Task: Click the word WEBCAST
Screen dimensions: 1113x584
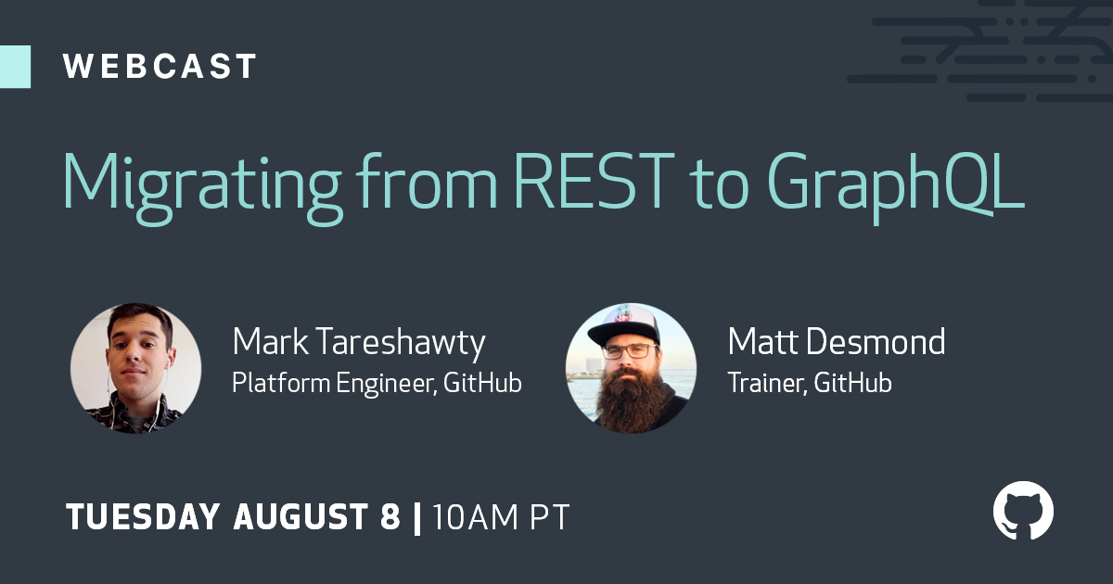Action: point(160,67)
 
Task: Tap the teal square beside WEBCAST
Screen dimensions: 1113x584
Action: point(16,67)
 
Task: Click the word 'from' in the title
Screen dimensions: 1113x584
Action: point(427,181)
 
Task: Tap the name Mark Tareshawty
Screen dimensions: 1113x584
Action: point(359,343)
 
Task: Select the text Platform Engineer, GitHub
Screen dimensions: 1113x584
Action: point(377,384)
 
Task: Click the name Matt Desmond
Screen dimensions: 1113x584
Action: point(837,342)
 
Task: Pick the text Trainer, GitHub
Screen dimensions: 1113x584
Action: point(810,383)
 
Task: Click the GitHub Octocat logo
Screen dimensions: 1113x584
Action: point(1024,510)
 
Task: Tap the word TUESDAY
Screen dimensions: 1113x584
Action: point(143,517)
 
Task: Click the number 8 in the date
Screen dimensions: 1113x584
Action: point(390,517)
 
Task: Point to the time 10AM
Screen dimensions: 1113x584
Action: point(476,517)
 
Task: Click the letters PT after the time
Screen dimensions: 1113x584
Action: point(549,517)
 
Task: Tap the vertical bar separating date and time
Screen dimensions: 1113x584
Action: point(417,518)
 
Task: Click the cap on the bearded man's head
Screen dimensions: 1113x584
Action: point(625,325)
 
